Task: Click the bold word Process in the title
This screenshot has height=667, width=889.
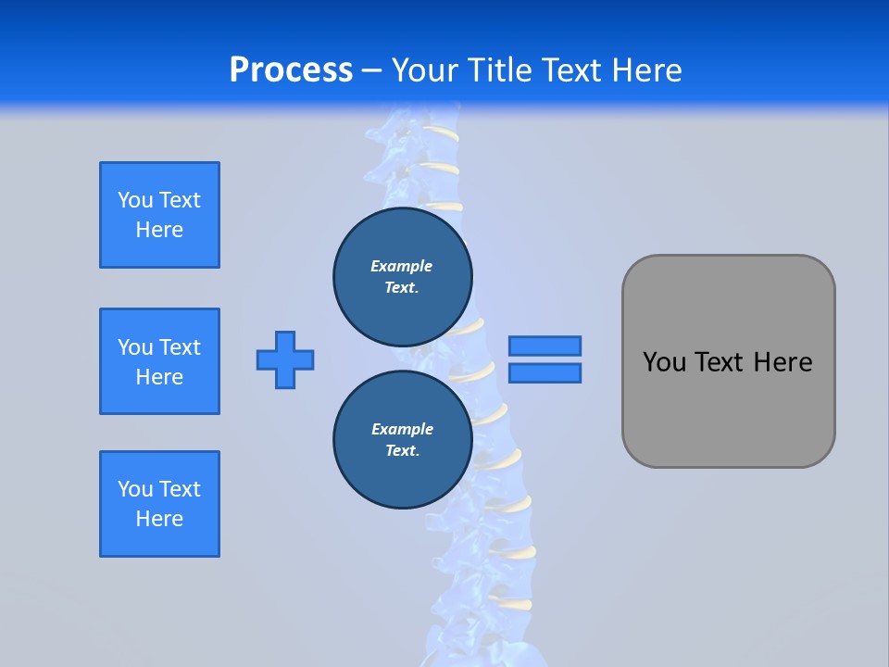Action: [291, 70]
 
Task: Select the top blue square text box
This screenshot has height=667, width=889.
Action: [159, 215]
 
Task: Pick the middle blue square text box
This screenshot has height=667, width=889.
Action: [159, 361]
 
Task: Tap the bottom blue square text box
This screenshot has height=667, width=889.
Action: [159, 504]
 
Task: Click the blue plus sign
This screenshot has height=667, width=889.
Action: [285, 359]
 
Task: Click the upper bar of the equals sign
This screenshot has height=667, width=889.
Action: [545, 346]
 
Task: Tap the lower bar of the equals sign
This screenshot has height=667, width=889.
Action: [545, 372]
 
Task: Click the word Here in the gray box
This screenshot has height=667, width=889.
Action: [783, 362]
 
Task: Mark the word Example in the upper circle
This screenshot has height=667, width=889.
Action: [401, 266]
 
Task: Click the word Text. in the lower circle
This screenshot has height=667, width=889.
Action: [402, 451]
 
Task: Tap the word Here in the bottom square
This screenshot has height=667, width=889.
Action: [159, 519]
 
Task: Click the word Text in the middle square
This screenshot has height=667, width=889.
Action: [180, 347]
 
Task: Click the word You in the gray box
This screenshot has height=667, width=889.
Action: [663, 362]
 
